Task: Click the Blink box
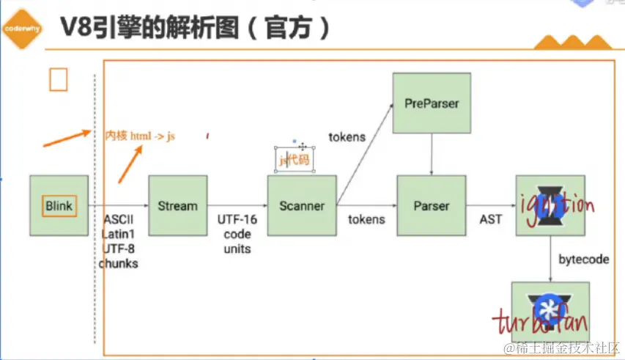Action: [59, 206]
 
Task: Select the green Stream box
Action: [177, 206]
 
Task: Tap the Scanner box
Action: [301, 206]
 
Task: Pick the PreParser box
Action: [431, 103]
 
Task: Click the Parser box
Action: [431, 206]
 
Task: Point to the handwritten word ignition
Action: [554, 205]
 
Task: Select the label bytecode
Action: [583, 260]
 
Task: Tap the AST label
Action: [491, 219]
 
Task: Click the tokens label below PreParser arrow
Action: [347, 136]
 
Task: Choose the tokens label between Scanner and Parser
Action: [366, 219]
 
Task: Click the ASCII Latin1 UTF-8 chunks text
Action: [119, 241]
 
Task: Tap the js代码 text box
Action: [295, 160]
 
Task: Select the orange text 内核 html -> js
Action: [140, 136]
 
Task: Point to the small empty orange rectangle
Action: [58, 80]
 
